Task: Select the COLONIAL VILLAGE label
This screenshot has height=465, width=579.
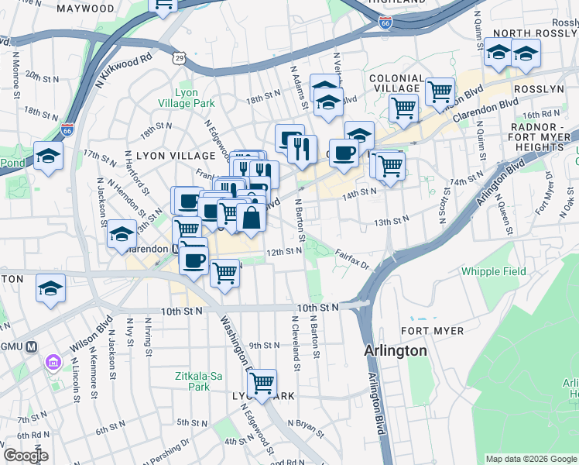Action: (x=396, y=84)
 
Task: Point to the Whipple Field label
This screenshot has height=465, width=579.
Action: (x=493, y=271)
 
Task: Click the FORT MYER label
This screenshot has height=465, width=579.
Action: (x=437, y=331)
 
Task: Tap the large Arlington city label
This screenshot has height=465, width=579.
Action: (x=396, y=350)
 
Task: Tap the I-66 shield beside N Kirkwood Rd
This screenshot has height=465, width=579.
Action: (x=67, y=128)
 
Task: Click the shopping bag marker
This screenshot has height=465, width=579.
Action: (x=252, y=219)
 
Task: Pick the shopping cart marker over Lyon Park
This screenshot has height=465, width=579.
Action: (x=262, y=383)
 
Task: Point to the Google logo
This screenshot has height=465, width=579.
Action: (x=25, y=456)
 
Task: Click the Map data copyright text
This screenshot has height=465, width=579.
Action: (x=531, y=459)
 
